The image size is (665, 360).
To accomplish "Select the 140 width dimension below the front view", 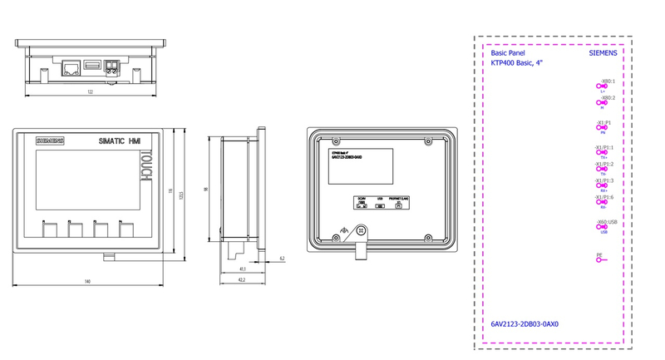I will [x=86, y=282].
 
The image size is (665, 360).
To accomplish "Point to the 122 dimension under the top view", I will [x=90, y=91].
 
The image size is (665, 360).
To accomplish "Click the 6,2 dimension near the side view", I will [x=282, y=259].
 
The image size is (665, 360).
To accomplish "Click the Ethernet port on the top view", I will [x=71, y=64].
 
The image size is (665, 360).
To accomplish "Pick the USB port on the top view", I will [x=91, y=64].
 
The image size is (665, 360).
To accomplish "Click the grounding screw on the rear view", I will [x=362, y=232].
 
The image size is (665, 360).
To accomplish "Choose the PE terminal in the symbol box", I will [x=599, y=259].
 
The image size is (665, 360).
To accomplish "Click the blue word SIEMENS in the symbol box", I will [x=603, y=52].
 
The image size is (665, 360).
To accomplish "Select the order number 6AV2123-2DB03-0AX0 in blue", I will [x=525, y=324].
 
